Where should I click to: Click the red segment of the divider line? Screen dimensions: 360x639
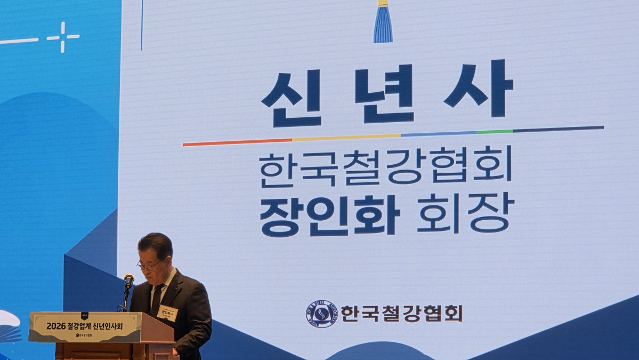point(237,142)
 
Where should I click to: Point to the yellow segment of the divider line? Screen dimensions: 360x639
point(346,137)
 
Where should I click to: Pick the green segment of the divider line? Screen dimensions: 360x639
point(495,131)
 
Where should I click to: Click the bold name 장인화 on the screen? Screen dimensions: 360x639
point(329,215)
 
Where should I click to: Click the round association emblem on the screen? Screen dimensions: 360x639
point(321,314)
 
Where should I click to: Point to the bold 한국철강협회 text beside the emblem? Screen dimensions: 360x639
point(401,313)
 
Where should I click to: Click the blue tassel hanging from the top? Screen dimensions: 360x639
point(383,23)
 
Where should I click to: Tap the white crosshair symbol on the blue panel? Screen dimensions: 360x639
point(63,37)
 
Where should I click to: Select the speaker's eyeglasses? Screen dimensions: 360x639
point(149,265)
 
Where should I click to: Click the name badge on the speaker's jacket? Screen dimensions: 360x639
point(168,313)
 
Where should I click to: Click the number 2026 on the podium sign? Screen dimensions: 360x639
point(55,325)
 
